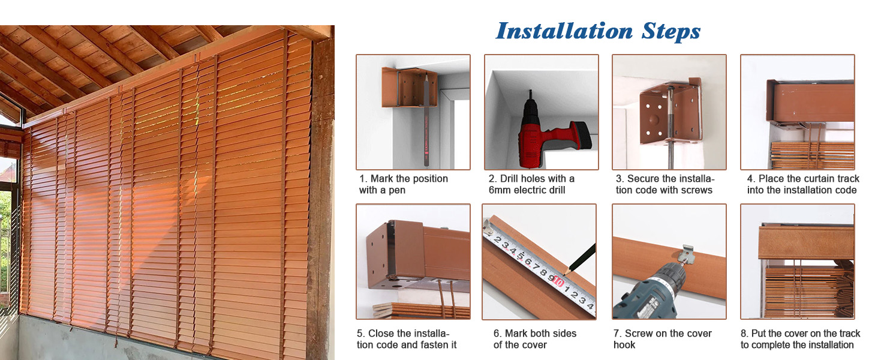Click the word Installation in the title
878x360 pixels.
click(x=564, y=31)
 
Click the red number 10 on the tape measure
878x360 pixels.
click(x=558, y=281)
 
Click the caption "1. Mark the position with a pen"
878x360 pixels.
click(x=404, y=184)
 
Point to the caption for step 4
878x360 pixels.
click(x=802, y=184)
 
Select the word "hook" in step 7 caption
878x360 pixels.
click(x=624, y=345)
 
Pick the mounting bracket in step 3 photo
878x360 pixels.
click(x=667, y=114)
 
